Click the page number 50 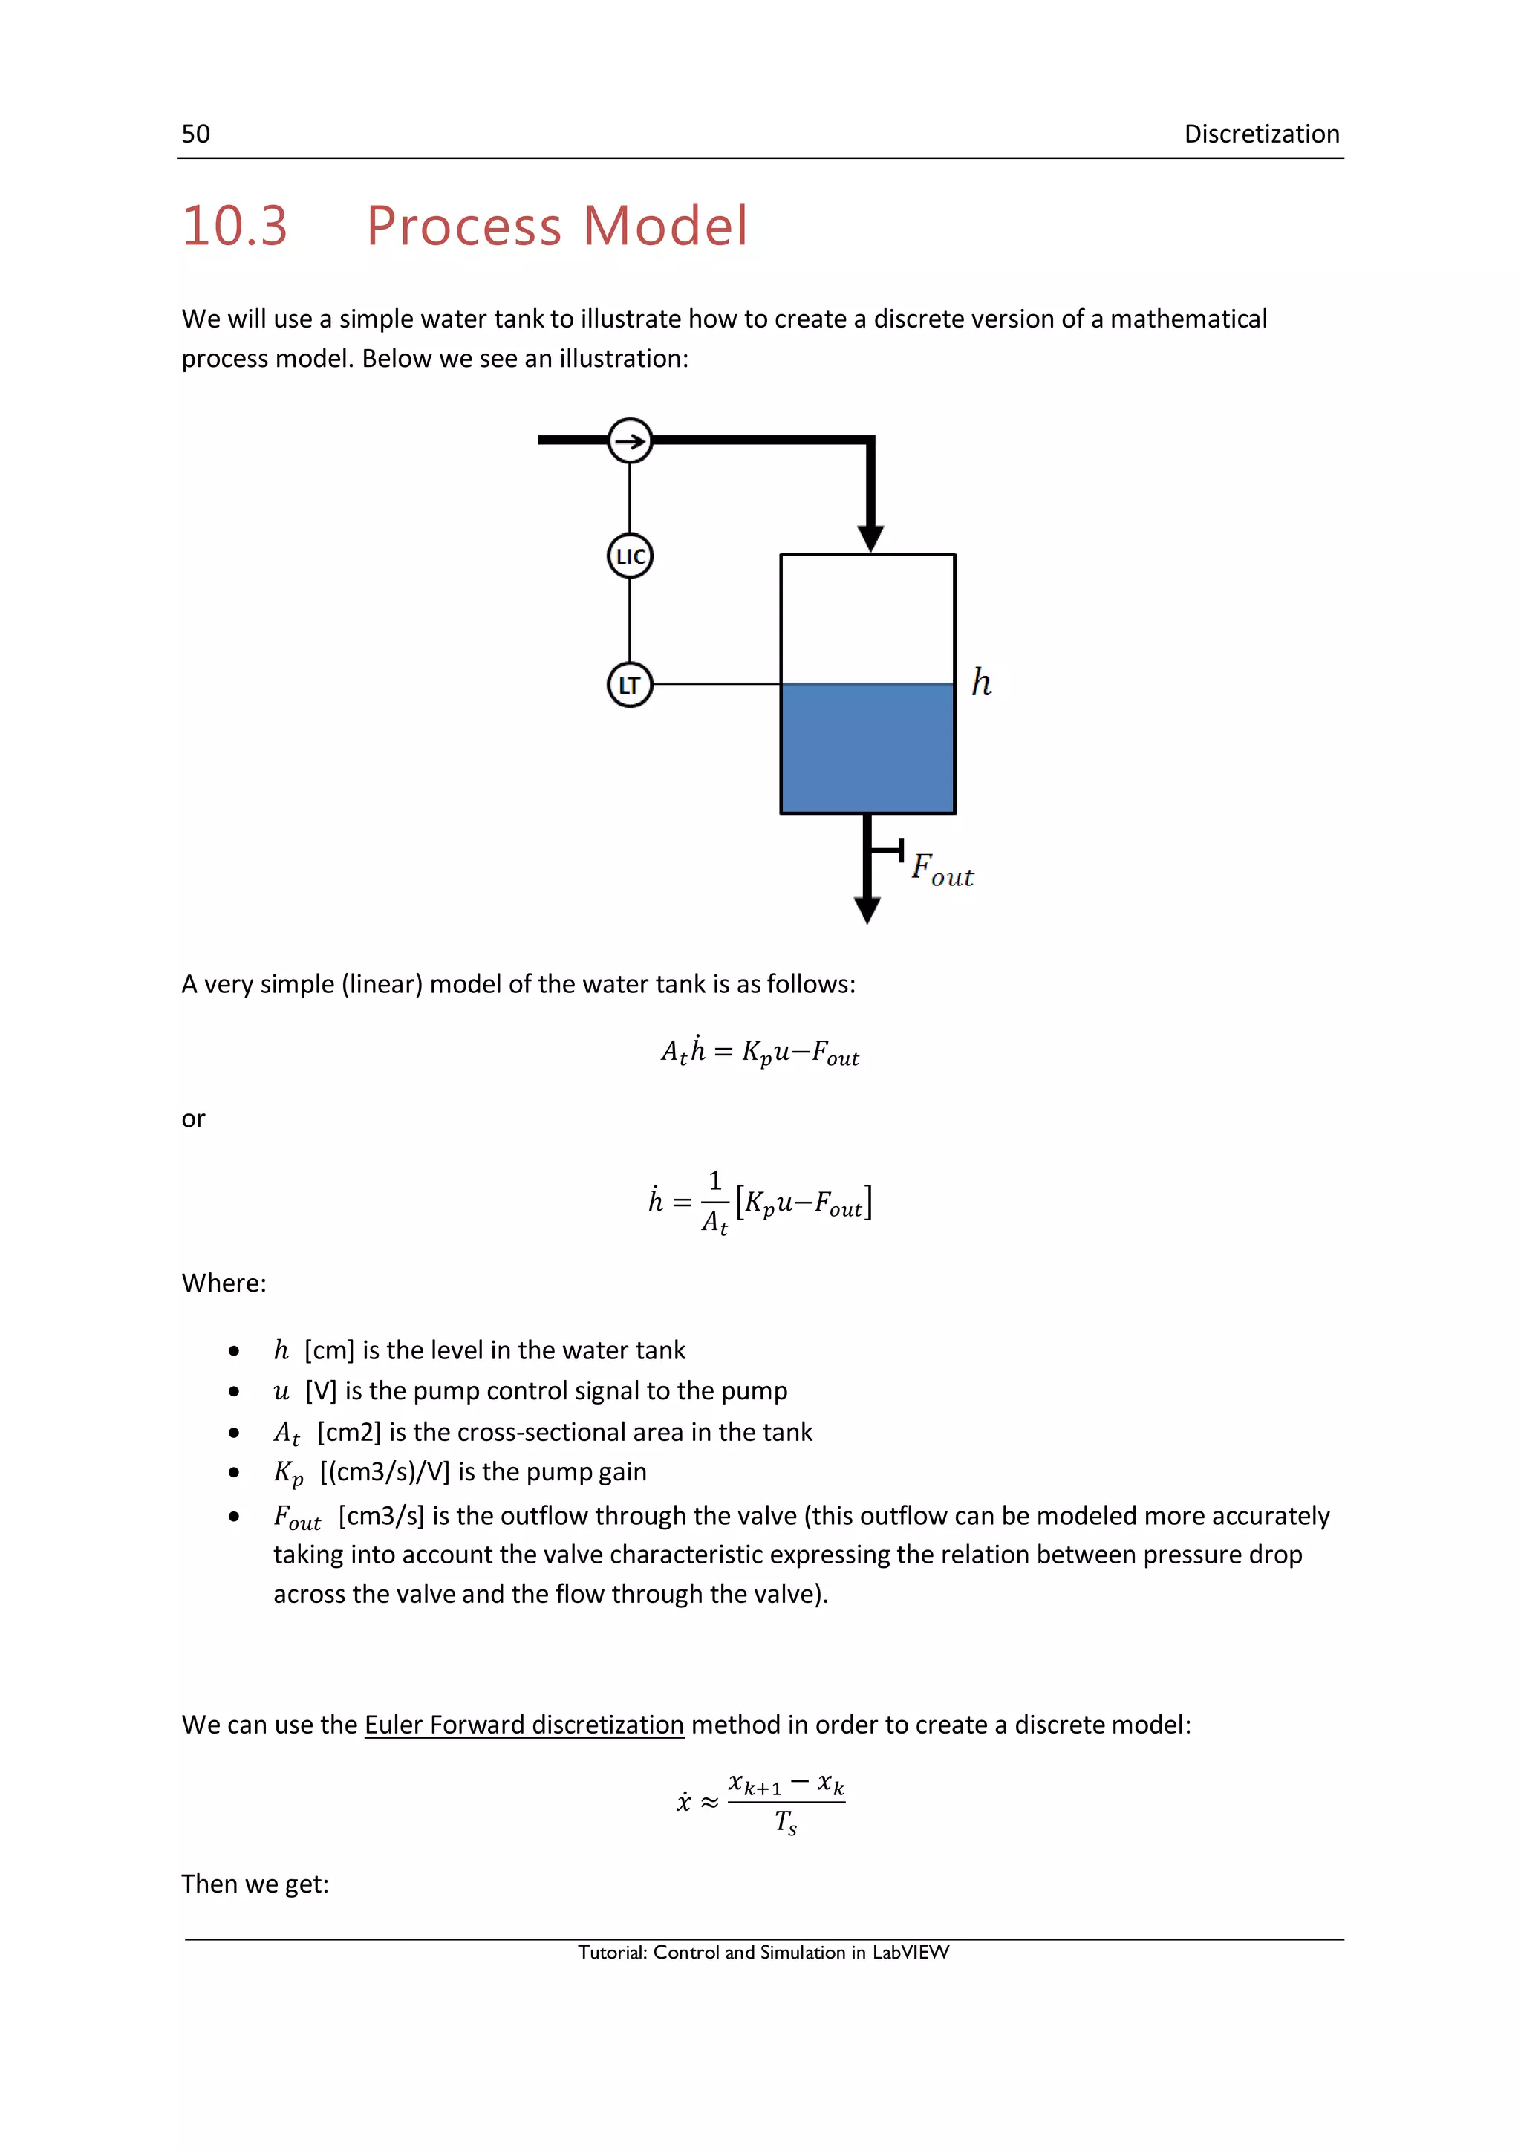[196, 134]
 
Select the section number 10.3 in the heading [234, 226]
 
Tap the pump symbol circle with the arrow [631, 440]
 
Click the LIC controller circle [631, 556]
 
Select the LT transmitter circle [631, 685]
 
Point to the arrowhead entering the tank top [870, 538]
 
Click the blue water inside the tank [867, 749]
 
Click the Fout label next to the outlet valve [942, 871]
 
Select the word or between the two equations [193, 1119]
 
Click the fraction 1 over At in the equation [714, 1202]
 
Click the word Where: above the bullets [224, 1283]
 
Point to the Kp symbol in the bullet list [288, 1474]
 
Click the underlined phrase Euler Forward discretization [524, 1725]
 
